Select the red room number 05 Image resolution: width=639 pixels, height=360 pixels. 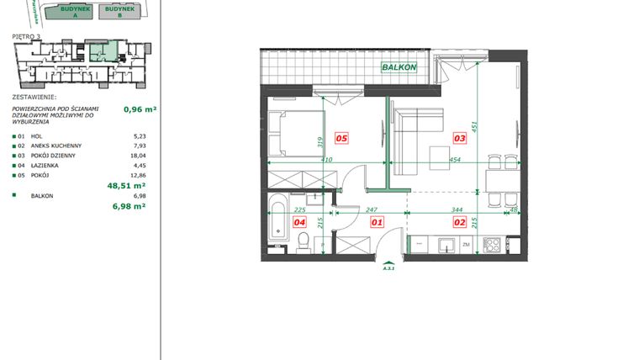(341, 138)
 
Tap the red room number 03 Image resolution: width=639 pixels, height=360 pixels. (460, 138)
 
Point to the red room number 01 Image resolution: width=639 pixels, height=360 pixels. (377, 222)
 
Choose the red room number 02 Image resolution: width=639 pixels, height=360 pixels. (460, 222)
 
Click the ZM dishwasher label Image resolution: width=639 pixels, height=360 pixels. (467, 246)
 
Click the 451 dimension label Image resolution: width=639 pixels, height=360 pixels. (476, 128)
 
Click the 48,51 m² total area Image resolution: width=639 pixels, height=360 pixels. (127, 185)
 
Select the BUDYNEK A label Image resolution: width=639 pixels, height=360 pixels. (58, 12)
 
